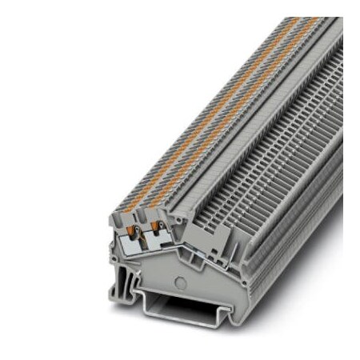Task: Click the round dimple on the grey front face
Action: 181,282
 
